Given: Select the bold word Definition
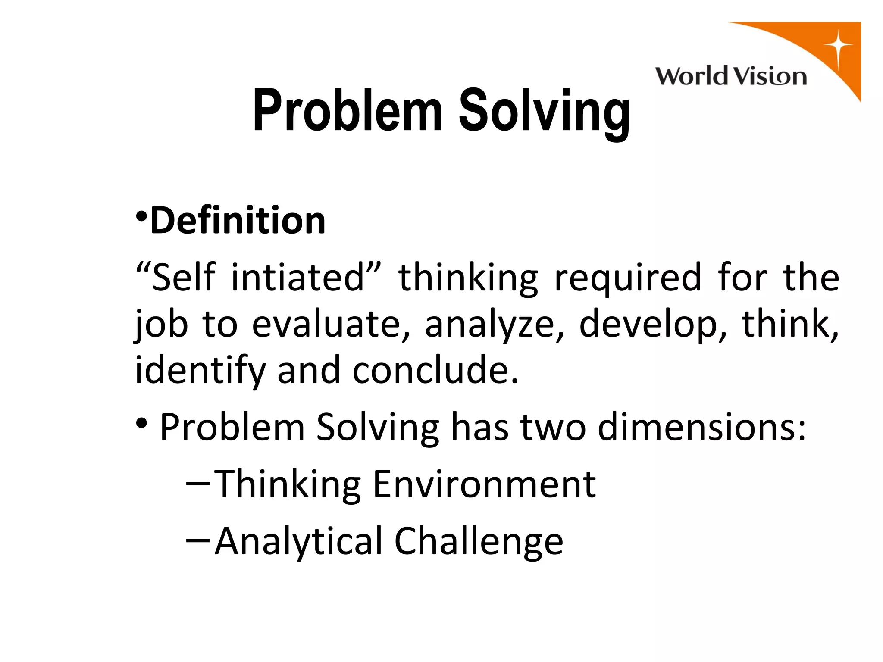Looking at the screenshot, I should (238, 221).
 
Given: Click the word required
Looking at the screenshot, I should (628, 278).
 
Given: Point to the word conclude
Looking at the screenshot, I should (435, 371).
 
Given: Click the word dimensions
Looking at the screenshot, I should (701, 428).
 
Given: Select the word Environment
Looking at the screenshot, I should (484, 484).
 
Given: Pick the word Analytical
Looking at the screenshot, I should (298, 541).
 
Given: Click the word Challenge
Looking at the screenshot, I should (478, 541).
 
